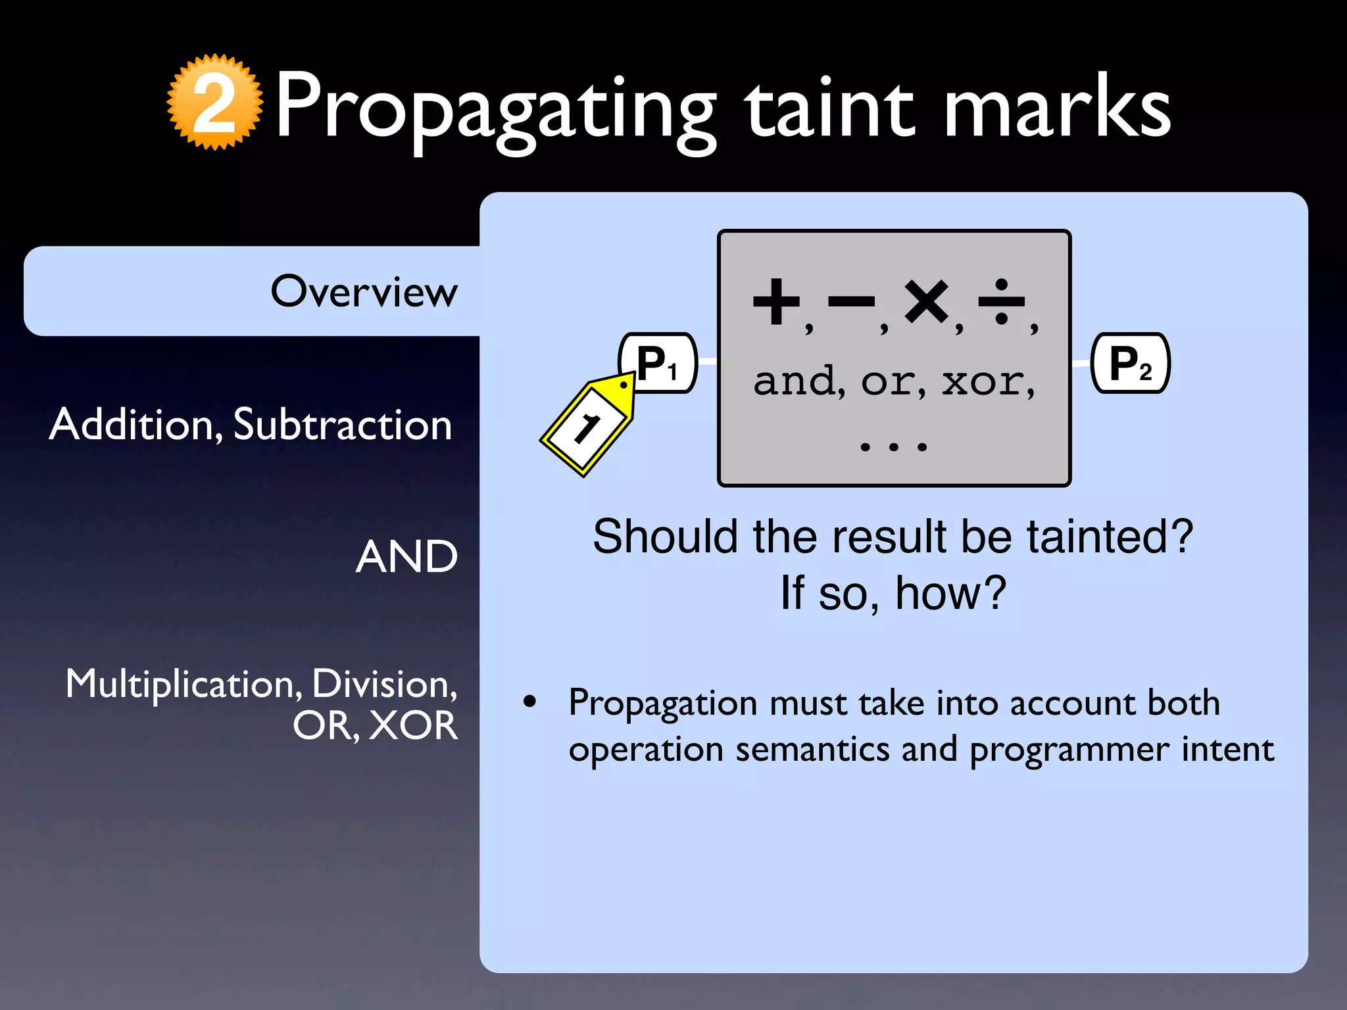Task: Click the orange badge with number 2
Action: pos(214,103)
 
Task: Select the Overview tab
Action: pos(364,291)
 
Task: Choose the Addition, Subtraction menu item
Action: pos(251,424)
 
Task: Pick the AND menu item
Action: pos(406,557)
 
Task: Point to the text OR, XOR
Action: pos(375,726)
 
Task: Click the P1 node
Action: pos(658,364)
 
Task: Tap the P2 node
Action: pos(1130,364)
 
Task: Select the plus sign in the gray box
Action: pos(777,302)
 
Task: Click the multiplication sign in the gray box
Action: pos(926,302)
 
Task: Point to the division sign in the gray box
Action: pos(1001,302)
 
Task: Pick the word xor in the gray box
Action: pos(983,381)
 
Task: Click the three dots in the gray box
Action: pos(894,447)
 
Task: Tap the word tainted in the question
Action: pos(1110,537)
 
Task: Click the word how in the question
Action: pos(950,593)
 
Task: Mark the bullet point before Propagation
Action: pos(530,702)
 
